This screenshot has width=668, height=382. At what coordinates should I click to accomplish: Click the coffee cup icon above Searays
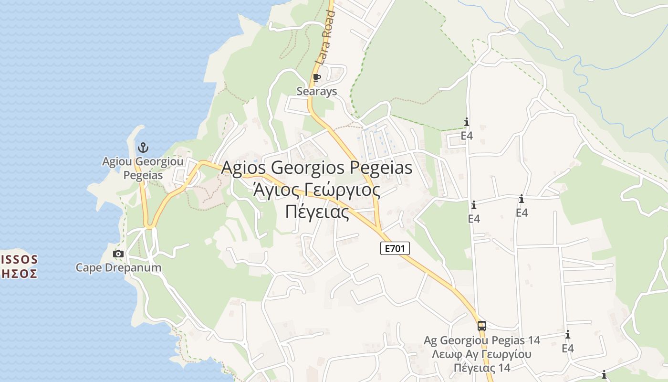317,77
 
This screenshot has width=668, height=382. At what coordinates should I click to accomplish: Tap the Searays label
317,91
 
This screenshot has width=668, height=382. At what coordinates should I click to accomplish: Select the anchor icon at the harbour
143,148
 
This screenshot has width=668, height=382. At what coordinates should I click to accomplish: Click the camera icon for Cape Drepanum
118,254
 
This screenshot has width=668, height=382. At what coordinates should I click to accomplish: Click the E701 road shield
395,248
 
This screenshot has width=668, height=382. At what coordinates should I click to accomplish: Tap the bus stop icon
482,326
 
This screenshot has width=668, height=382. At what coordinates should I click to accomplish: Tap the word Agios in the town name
244,168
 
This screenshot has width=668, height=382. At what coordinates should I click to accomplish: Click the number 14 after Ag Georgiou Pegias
534,340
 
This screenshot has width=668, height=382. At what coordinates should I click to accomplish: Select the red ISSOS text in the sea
20,260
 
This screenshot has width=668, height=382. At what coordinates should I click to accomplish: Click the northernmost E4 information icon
467,122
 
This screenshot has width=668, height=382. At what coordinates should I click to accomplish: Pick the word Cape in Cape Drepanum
89,267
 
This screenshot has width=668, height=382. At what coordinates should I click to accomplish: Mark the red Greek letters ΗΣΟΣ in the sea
19,274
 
